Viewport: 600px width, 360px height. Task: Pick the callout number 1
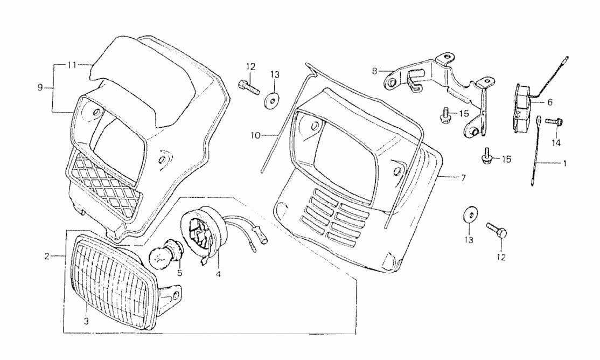(564, 163)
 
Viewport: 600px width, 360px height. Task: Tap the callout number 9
(40, 87)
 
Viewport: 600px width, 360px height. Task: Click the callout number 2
(47, 257)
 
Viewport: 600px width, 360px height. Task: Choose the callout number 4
(219, 273)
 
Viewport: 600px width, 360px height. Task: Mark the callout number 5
(179, 273)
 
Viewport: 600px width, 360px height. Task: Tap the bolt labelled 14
(552, 122)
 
